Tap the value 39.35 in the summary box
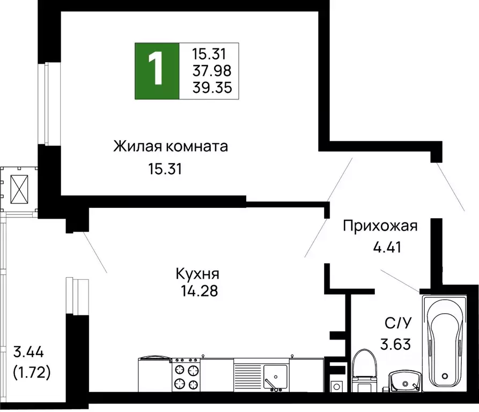click(x=212, y=88)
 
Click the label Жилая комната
click(x=171, y=146)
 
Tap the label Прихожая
click(x=380, y=226)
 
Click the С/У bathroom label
click(x=397, y=324)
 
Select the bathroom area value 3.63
click(x=397, y=342)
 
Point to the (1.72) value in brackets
click(x=32, y=372)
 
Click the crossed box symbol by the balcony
click(x=20, y=189)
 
